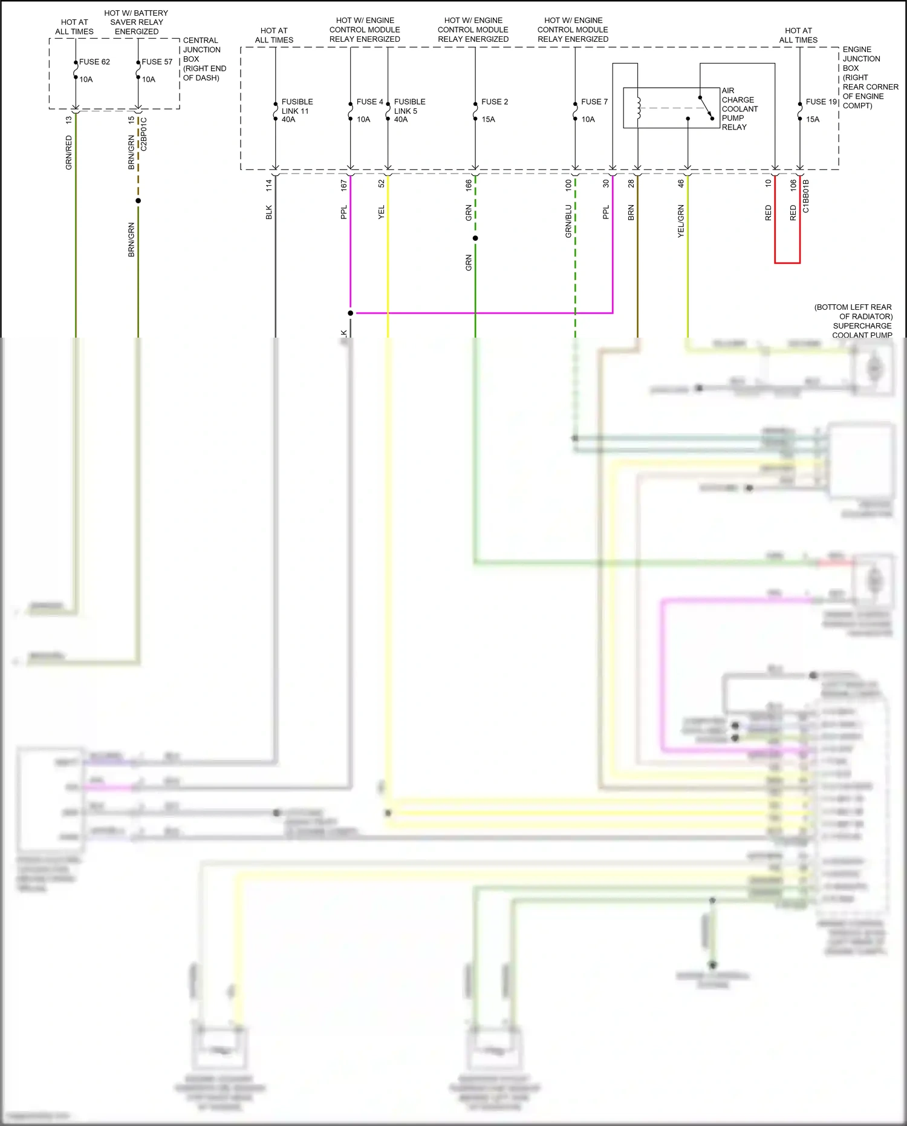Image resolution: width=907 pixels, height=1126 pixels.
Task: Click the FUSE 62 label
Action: pyautogui.click(x=94, y=62)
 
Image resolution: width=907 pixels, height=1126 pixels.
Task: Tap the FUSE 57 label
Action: pyautogui.click(x=157, y=62)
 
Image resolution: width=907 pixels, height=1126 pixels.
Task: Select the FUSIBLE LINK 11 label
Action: pyautogui.click(x=296, y=106)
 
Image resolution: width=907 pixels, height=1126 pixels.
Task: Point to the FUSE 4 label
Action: pyautogui.click(x=369, y=102)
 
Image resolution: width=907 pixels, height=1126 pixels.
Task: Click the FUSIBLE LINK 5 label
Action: pyautogui.click(x=409, y=106)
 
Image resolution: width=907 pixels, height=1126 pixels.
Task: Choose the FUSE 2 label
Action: pyautogui.click(x=495, y=102)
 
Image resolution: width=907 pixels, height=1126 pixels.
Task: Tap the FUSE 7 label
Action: pyautogui.click(x=594, y=102)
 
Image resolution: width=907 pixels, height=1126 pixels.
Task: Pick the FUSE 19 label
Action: pyautogui.click(x=821, y=102)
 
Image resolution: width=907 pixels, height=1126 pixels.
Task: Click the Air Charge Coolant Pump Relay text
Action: pyautogui.click(x=739, y=109)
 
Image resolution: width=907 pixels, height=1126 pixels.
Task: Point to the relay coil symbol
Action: pyautogui.click(x=639, y=108)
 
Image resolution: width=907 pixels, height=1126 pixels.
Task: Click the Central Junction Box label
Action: pyautogui.click(x=204, y=59)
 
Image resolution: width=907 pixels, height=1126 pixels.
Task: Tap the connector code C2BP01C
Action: pyautogui.click(x=144, y=134)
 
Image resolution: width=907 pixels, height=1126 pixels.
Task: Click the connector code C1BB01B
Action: pyautogui.click(x=806, y=196)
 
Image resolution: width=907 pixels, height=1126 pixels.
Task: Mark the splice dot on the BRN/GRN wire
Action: pyautogui.click(x=138, y=201)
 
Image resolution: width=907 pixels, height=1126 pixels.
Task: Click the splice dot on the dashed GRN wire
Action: pyautogui.click(x=475, y=238)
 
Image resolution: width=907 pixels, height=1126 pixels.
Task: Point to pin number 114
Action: pyautogui.click(x=269, y=186)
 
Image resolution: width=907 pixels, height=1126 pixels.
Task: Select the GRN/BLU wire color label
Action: pyautogui.click(x=568, y=221)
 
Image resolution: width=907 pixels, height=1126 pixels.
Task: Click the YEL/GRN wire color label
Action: pyautogui.click(x=681, y=221)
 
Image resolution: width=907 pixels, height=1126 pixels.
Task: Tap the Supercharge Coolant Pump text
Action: pyautogui.click(x=862, y=330)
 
